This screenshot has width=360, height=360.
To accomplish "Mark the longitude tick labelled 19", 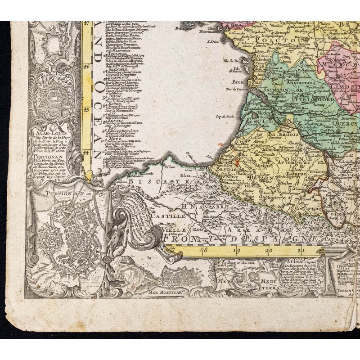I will click(236, 252).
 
